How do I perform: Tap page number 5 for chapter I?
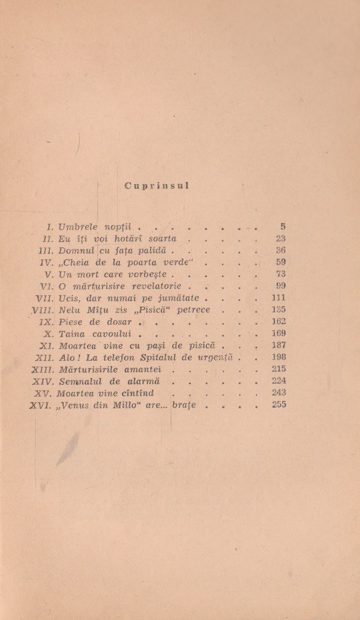(282, 227)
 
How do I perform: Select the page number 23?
(280, 238)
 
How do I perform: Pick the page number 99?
(280, 286)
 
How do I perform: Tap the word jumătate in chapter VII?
(178, 298)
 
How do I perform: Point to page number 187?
(279, 345)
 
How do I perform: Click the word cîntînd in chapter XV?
(134, 393)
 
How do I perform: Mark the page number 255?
(279, 405)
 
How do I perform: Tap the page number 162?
(279, 321)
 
